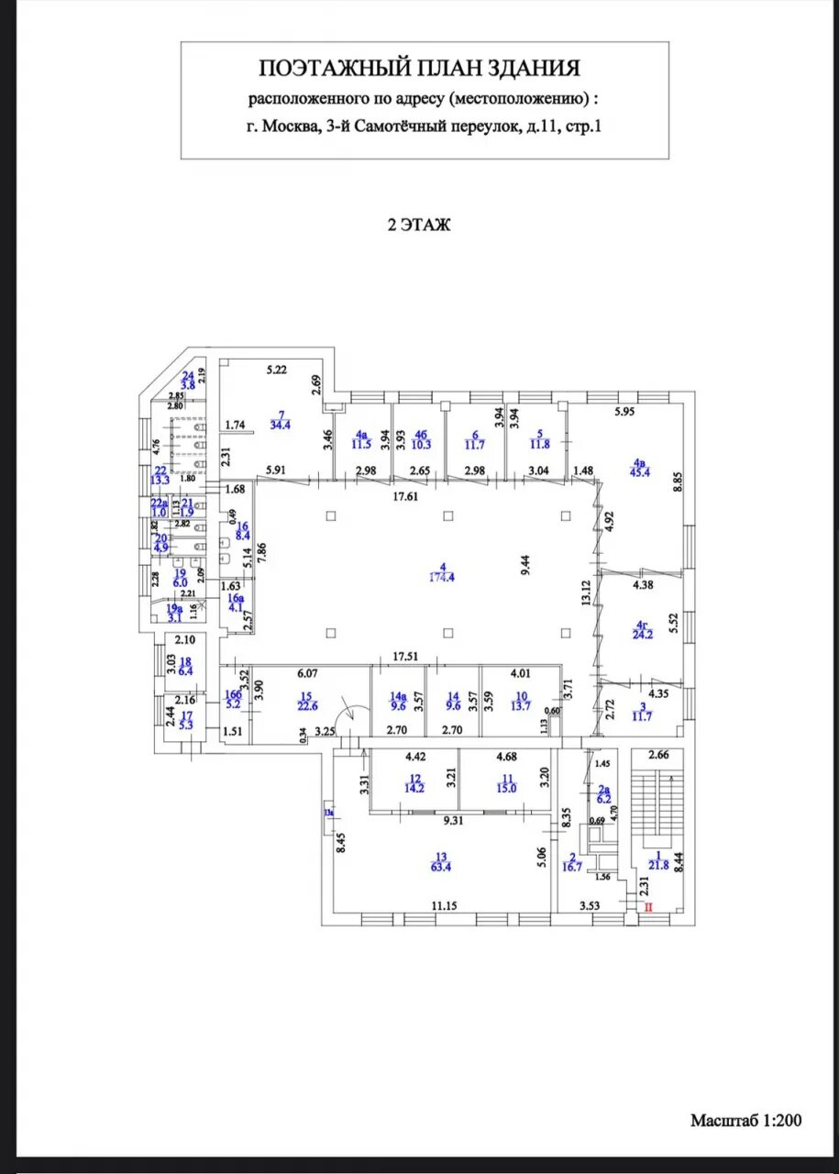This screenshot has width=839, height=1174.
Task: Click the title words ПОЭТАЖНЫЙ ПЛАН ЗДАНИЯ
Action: pos(420,68)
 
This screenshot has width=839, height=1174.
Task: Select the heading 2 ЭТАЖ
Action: pos(419,225)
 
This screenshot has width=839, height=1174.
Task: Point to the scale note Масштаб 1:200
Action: pos(745,1120)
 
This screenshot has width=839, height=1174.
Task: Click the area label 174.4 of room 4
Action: pos(446,577)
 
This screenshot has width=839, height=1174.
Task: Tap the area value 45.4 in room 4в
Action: pos(639,472)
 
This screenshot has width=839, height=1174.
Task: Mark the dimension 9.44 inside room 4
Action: pos(524,564)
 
